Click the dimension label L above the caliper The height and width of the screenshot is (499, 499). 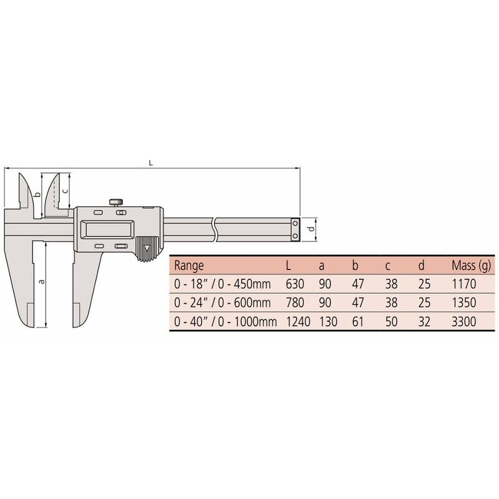click(x=151, y=163)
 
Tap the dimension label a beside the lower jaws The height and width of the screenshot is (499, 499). click(x=41, y=281)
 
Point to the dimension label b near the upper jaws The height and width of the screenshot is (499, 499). click(x=37, y=195)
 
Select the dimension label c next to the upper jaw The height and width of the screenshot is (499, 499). click(x=65, y=191)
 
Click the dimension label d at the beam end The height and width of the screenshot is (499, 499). click(x=311, y=228)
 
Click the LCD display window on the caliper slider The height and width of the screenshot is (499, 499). click(x=108, y=230)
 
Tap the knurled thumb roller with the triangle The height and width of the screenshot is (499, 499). click(x=147, y=248)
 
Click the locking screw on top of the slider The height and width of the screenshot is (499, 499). click(x=117, y=202)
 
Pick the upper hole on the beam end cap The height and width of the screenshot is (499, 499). click(x=295, y=223)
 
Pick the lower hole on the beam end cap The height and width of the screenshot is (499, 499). click(x=295, y=236)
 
